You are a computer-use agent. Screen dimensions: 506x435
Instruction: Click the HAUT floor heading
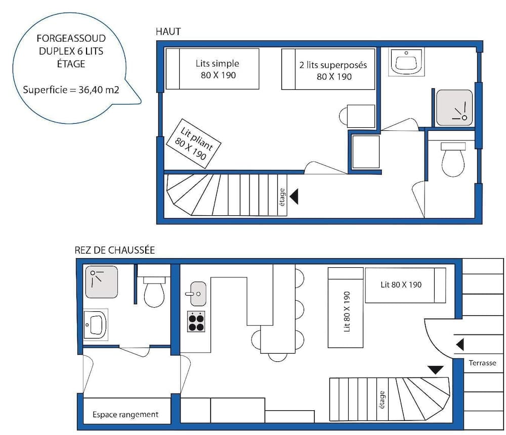click(x=168, y=32)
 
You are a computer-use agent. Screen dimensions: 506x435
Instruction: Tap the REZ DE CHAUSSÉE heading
click(x=114, y=250)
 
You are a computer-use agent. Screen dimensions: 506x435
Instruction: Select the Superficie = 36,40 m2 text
click(x=71, y=89)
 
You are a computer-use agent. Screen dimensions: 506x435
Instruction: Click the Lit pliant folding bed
click(x=193, y=143)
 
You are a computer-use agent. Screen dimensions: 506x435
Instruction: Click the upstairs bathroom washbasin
click(x=406, y=61)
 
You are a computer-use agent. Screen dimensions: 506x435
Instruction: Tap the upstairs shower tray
click(x=454, y=108)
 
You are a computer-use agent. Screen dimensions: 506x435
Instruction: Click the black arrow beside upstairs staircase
click(x=294, y=197)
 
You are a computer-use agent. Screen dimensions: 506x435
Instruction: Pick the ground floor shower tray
click(x=101, y=281)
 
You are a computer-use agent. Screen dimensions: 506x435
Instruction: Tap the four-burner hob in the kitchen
click(x=196, y=322)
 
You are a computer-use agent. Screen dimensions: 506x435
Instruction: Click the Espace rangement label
click(x=125, y=414)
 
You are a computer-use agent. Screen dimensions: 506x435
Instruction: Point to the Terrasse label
click(x=482, y=363)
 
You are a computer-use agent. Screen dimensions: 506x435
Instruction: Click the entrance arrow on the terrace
click(x=460, y=345)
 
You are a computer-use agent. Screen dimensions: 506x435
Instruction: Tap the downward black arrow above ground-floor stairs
click(x=436, y=370)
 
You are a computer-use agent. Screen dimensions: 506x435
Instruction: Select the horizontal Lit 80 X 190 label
click(x=401, y=285)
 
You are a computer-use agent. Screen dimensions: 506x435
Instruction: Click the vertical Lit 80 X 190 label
click(x=347, y=311)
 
